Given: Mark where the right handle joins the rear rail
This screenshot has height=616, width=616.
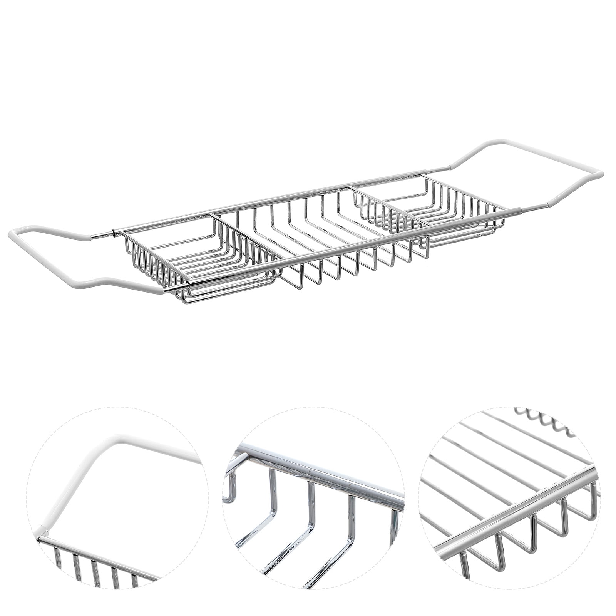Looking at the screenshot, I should coord(447,168).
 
